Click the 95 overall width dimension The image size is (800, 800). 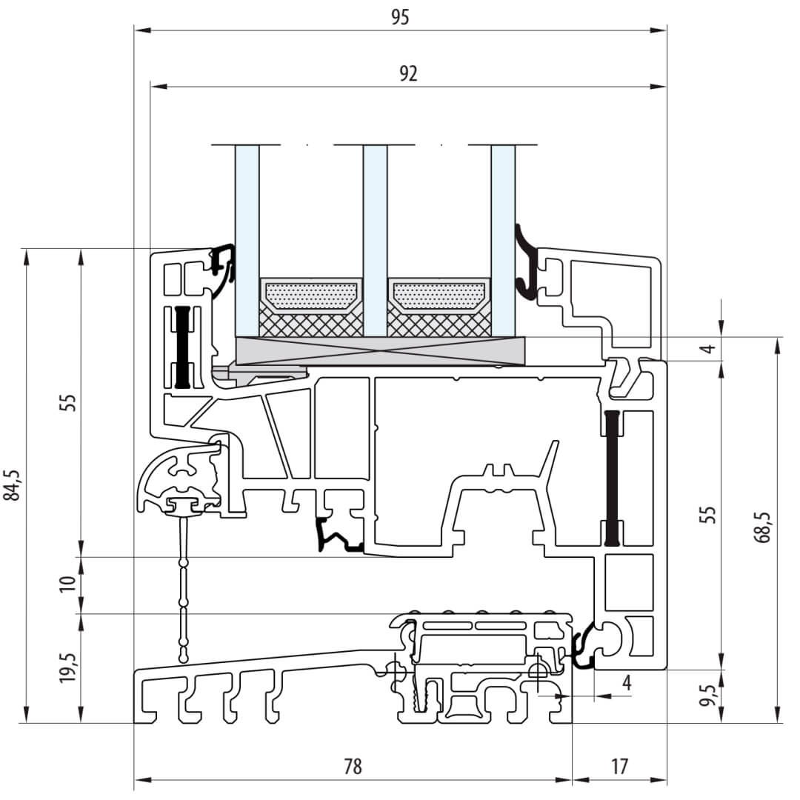click(400, 17)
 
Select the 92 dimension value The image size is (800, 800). click(408, 73)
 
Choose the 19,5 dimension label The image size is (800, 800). click(68, 669)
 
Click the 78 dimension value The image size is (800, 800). click(353, 766)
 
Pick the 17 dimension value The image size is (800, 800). click(620, 766)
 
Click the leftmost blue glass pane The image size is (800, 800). click(247, 237)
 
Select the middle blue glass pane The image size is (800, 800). click(375, 237)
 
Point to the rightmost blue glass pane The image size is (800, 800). click(503, 237)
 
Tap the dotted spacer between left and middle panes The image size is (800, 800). click(311, 296)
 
